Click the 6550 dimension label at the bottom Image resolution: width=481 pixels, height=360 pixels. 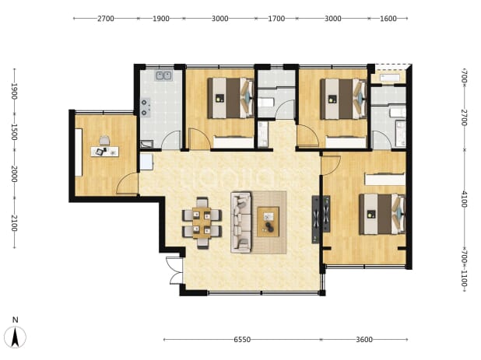click(x=242, y=340)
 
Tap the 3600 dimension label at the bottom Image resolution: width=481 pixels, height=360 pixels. click(x=364, y=340)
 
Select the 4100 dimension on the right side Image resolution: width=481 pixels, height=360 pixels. click(x=465, y=199)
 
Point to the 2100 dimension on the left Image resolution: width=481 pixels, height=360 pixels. click(x=14, y=223)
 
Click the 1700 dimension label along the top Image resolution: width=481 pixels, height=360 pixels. click(x=276, y=19)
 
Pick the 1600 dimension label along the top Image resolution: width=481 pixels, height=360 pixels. click(x=388, y=19)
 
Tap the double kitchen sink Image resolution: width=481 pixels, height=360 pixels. click(x=163, y=75)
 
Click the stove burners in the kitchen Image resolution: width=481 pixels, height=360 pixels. click(x=146, y=107)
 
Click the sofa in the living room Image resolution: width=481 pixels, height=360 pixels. click(x=240, y=222)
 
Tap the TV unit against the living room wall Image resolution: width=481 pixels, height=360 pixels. click(x=321, y=219)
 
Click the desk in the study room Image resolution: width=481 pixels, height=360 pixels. click(x=104, y=152)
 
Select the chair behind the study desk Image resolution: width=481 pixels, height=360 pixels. click(x=104, y=140)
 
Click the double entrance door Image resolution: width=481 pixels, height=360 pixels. click(x=174, y=271)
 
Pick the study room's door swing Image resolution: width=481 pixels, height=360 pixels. click(x=127, y=183)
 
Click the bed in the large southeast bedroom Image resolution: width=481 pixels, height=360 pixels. click(x=382, y=214)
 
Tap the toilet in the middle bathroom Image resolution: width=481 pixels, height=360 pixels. click(x=265, y=102)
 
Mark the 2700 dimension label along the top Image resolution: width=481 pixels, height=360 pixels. click(x=106, y=19)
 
